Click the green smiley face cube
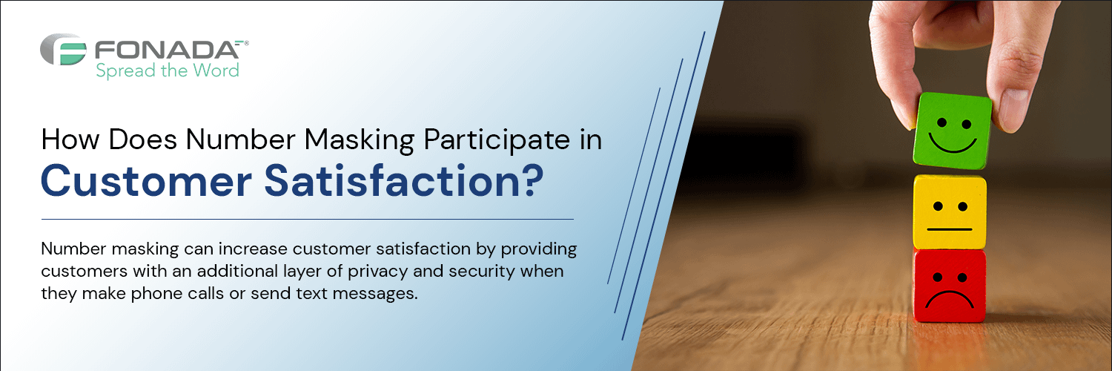(952, 131)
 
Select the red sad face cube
(950, 286)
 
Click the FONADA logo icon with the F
(63, 49)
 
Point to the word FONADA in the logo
(167, 50)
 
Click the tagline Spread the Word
(168, 70)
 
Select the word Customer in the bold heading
(147, 181)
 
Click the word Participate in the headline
(497, 140)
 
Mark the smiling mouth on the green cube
(952, 145)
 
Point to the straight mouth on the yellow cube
(949, 229)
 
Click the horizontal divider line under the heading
(308, 219)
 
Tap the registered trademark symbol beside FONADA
(246, 43)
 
